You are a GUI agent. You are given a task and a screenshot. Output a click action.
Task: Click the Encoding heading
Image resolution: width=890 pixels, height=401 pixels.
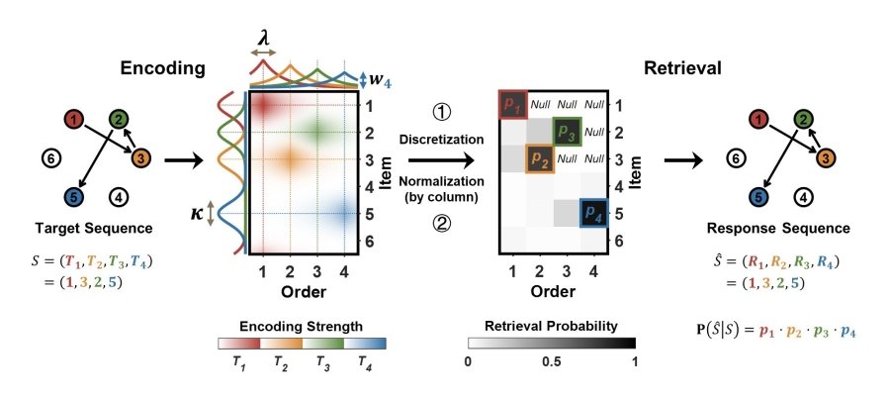(x=162, y=68)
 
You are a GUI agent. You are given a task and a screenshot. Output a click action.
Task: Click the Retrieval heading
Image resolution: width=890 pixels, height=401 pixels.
(x=682, y=68)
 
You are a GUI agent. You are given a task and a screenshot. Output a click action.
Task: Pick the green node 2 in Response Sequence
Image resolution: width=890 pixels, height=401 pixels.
(x=803, y=120)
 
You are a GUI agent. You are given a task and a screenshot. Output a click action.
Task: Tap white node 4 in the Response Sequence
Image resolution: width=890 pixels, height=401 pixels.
(x=803, y=196)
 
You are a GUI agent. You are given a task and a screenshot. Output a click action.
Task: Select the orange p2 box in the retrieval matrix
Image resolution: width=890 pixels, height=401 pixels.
(x=540, y=158)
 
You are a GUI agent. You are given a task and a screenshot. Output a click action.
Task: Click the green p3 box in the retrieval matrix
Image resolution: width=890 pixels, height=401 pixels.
(x=567, y=131)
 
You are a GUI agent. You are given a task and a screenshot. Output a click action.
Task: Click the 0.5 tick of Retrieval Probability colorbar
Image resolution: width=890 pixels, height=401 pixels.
(x=552, y=362)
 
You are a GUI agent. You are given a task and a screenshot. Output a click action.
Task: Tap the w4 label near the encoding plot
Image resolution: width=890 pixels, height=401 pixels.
(x=381, y=80)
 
